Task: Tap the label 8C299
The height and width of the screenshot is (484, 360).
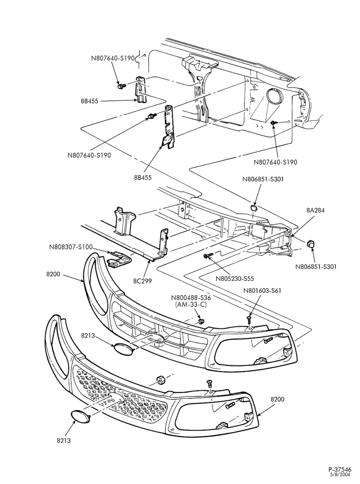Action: pos(143,281)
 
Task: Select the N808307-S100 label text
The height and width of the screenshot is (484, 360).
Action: pos(71,247)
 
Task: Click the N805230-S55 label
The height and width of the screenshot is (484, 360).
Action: pos(235,279)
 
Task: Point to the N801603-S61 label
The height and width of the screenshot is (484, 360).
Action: pos(262,290)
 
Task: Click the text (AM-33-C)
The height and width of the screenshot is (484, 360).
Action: pos(191,304)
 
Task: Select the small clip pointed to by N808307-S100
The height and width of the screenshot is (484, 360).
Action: pos(119,257)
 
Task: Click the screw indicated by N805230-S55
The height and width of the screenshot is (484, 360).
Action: pos(209,255)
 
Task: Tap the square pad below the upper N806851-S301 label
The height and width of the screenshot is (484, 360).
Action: pos(254,207)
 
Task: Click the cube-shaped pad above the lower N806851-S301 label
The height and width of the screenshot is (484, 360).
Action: pos(310,244)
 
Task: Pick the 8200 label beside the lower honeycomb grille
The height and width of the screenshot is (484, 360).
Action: pos(277,399)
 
